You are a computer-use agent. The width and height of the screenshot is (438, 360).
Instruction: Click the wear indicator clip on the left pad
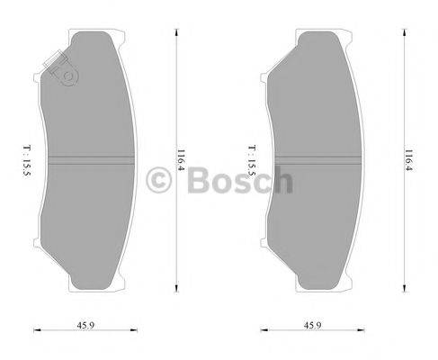coord(60,69)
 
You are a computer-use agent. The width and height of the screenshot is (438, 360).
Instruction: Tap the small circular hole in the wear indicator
coord(65,77)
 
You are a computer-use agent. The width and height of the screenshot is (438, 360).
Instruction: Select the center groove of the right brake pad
coord(320,163)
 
